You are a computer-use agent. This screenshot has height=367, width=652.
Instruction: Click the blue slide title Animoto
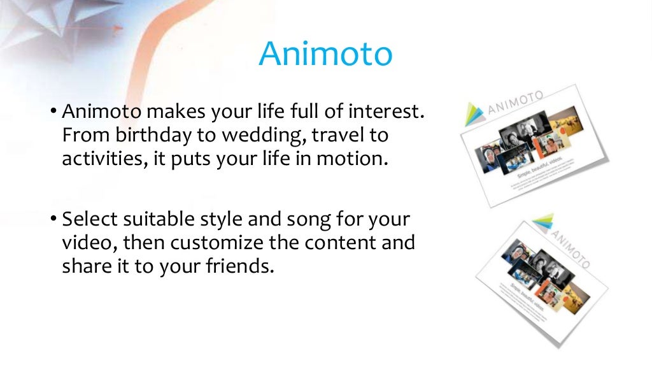[325, 54]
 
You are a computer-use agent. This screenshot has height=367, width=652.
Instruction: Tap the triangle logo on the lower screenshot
[543, 224]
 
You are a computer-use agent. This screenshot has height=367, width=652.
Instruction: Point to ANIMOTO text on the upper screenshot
[515, 104]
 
